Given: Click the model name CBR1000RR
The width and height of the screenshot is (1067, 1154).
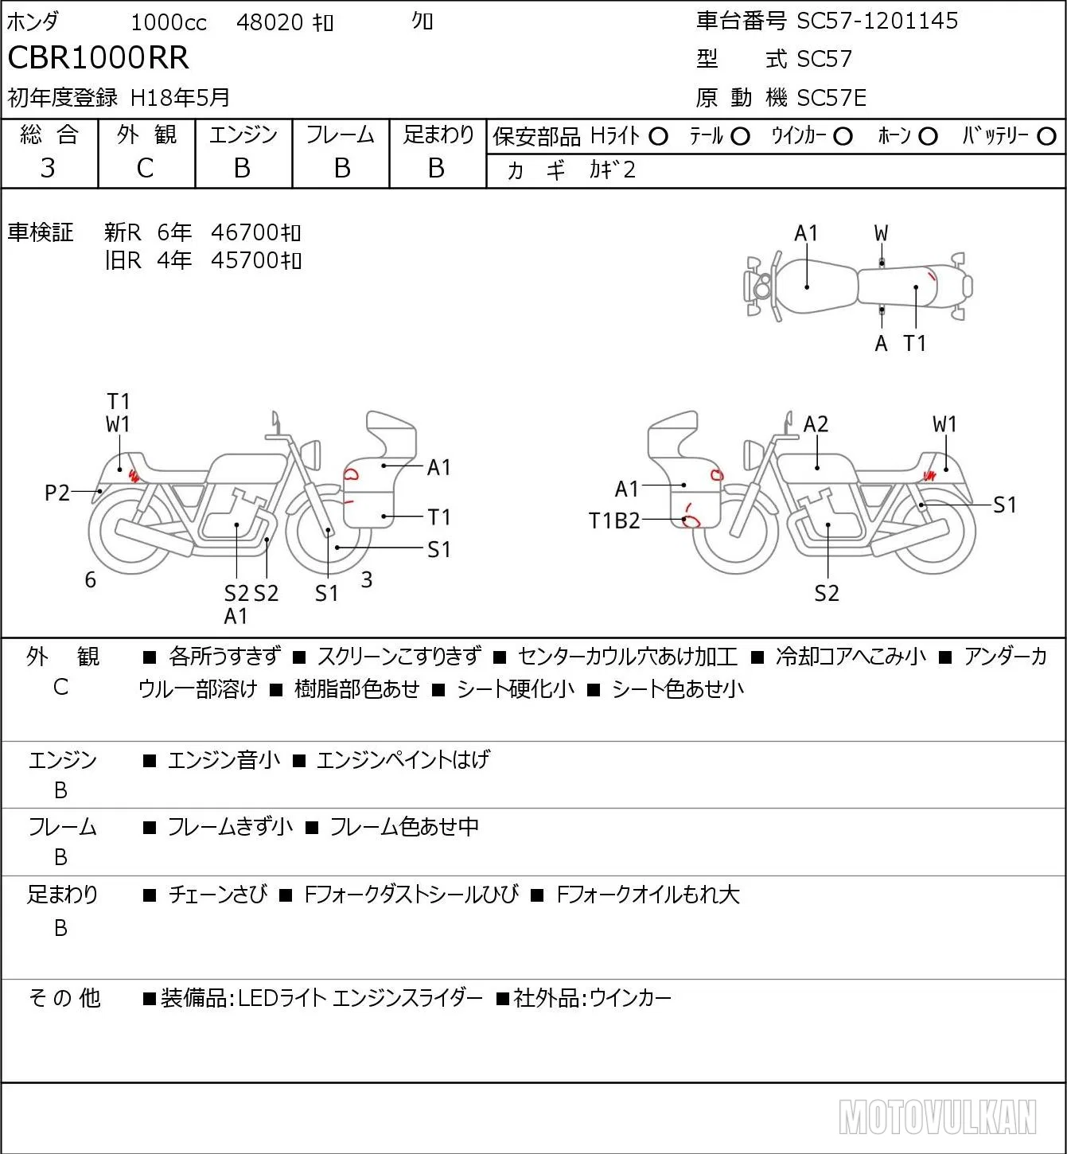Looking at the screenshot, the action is point(98,57).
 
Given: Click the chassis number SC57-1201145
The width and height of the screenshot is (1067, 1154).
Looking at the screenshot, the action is point(877,21).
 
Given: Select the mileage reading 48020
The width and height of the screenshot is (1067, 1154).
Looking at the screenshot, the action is point(270,22).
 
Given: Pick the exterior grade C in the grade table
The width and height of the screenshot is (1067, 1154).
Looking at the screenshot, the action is point(146,168).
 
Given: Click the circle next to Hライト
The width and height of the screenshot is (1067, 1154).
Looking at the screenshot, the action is point(658,137).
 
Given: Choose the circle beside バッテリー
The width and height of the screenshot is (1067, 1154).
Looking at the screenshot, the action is point(1046,137).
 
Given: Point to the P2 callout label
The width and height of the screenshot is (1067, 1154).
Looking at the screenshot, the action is point(57,493).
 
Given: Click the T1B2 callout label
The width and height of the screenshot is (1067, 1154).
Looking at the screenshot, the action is point(613,520).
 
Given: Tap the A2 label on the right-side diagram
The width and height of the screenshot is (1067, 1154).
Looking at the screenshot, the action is point(816,424).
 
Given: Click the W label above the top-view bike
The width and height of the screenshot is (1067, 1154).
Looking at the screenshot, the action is point(881,234).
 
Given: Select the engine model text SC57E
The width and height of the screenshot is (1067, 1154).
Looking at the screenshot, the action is point(831,98).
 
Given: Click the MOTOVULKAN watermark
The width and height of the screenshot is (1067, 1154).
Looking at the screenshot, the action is point(937,1117).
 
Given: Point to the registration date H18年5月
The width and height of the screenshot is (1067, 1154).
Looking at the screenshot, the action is point(180,98).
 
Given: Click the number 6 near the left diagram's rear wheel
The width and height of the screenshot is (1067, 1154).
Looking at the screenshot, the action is point(90,579).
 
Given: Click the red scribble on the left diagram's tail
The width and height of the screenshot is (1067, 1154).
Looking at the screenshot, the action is point(134,476).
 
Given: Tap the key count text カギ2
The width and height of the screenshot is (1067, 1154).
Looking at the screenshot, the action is point(612,170).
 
